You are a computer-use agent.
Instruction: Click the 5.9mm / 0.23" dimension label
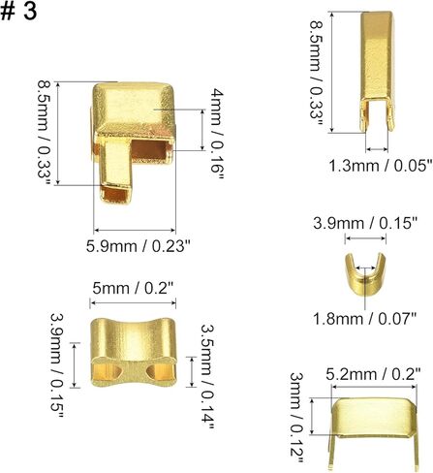137,246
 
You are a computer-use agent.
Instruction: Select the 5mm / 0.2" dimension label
135,289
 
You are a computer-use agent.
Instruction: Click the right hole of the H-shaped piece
154,371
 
